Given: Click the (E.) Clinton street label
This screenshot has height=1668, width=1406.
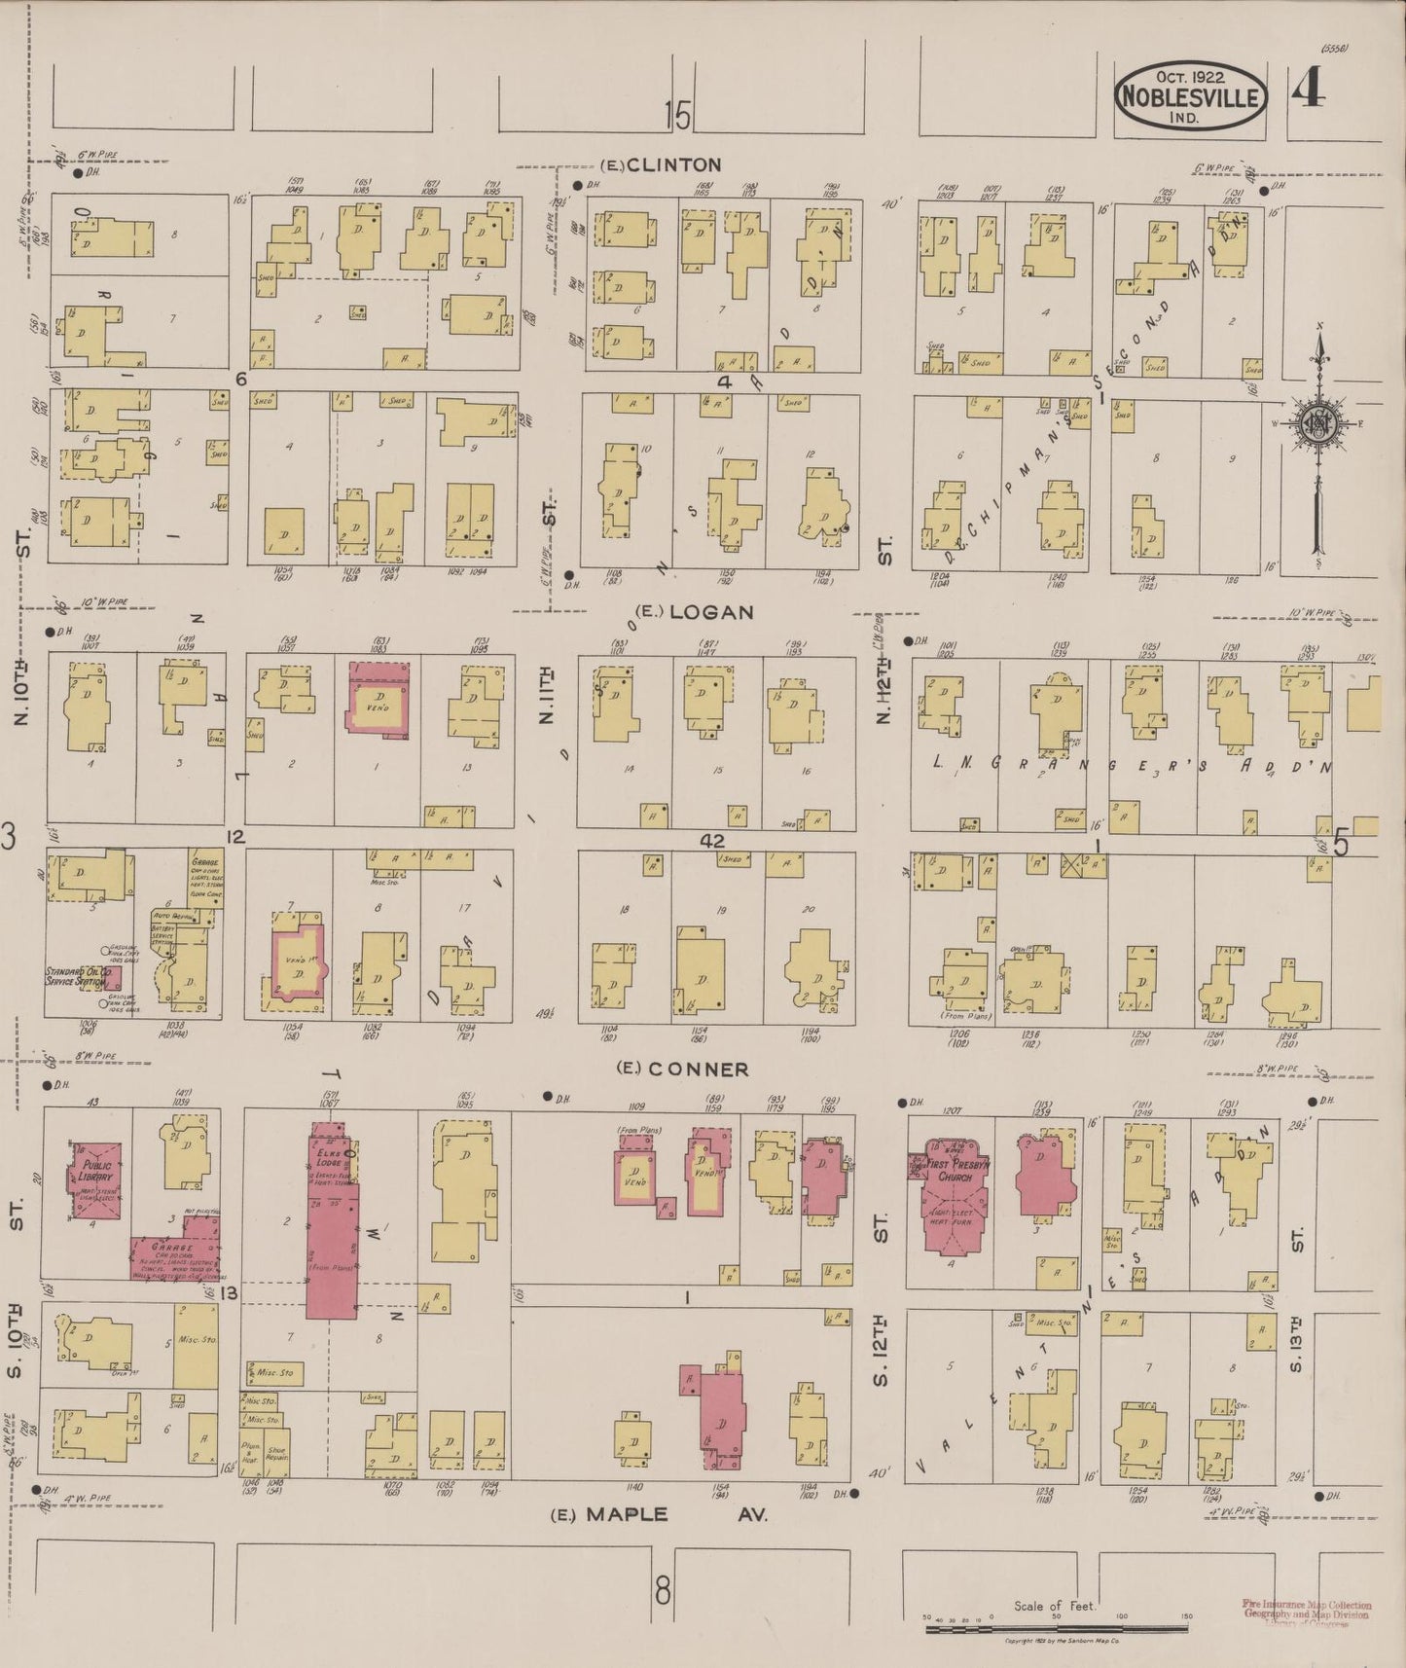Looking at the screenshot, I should coord(661,164).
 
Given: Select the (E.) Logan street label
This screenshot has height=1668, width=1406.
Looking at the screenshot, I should coord(694,612).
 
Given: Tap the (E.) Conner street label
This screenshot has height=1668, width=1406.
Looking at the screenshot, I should coord(684,1069).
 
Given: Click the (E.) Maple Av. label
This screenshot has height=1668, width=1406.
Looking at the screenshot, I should coord(659,1514).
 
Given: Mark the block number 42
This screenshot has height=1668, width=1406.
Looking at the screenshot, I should coord(712,840).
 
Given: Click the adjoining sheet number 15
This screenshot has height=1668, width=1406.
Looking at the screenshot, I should coord(677,117).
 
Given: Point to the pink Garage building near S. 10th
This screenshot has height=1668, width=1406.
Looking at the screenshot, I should coord(173,1256).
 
